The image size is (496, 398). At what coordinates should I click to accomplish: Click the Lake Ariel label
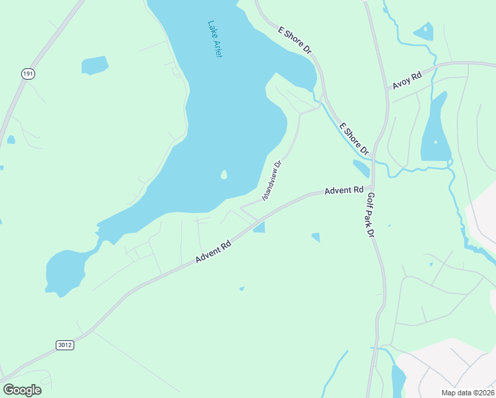[214, 39]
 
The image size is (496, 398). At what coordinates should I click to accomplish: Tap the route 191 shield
[27, 74]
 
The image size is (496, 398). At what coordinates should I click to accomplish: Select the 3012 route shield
[64, 345]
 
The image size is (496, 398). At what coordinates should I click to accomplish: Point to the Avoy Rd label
[406, 80]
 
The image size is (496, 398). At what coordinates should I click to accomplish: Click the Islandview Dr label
[272, 180]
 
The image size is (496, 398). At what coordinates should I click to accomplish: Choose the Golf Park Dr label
[370, 215]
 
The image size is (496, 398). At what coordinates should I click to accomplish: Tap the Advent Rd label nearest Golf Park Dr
[343, 190]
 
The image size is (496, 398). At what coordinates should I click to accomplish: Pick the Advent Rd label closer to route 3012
[213, 251]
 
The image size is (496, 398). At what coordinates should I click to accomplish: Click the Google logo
[22, 389]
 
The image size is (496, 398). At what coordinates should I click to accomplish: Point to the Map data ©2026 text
[467, 392]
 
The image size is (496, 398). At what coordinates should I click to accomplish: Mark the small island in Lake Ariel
[223, 175]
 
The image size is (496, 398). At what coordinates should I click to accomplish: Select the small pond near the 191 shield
[94, 65]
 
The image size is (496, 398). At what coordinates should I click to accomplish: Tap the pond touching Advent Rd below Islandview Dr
[259, 228]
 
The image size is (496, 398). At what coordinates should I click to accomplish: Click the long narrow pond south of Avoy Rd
[435, 129]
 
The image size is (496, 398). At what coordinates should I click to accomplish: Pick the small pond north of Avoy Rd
[423, 31]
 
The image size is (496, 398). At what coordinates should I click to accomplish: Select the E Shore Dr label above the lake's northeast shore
[294, 41]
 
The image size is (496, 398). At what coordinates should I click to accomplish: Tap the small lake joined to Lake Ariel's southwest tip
[65, 272]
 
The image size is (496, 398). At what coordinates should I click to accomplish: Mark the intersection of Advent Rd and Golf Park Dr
[373, 190]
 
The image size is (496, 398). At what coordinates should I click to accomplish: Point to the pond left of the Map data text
[399, 381]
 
